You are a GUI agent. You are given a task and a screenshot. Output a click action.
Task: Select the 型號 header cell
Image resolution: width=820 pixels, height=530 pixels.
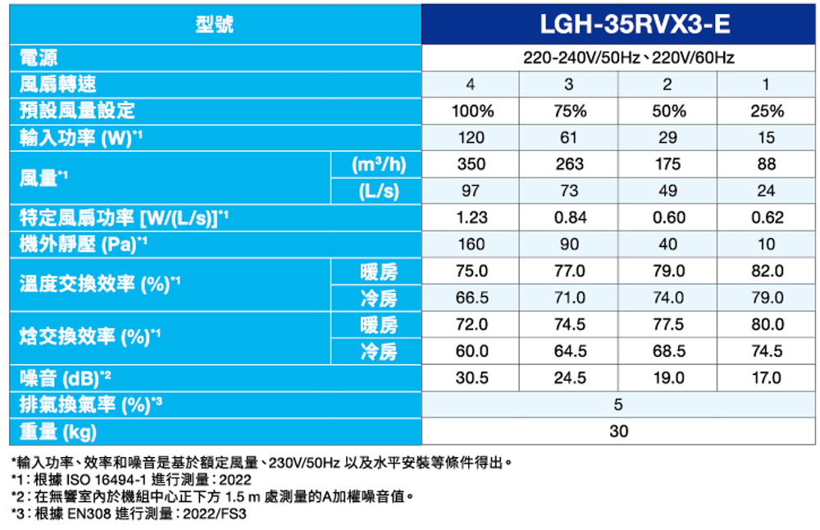point(215,25)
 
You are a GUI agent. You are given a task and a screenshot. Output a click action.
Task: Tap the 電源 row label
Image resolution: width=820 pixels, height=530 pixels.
point(39,58)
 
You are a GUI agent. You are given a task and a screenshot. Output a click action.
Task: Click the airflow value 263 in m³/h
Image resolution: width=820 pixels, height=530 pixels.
point(570,164)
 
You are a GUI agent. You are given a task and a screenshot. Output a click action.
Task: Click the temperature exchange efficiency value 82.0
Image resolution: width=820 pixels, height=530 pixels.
point(766,271)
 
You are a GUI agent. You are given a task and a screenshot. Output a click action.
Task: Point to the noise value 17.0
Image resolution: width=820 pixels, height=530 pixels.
point(766,378)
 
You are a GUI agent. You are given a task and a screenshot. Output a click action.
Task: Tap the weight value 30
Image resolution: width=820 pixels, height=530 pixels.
point(618,432)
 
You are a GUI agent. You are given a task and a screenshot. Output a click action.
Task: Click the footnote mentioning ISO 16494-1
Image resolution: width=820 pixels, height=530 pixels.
point(131,480)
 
